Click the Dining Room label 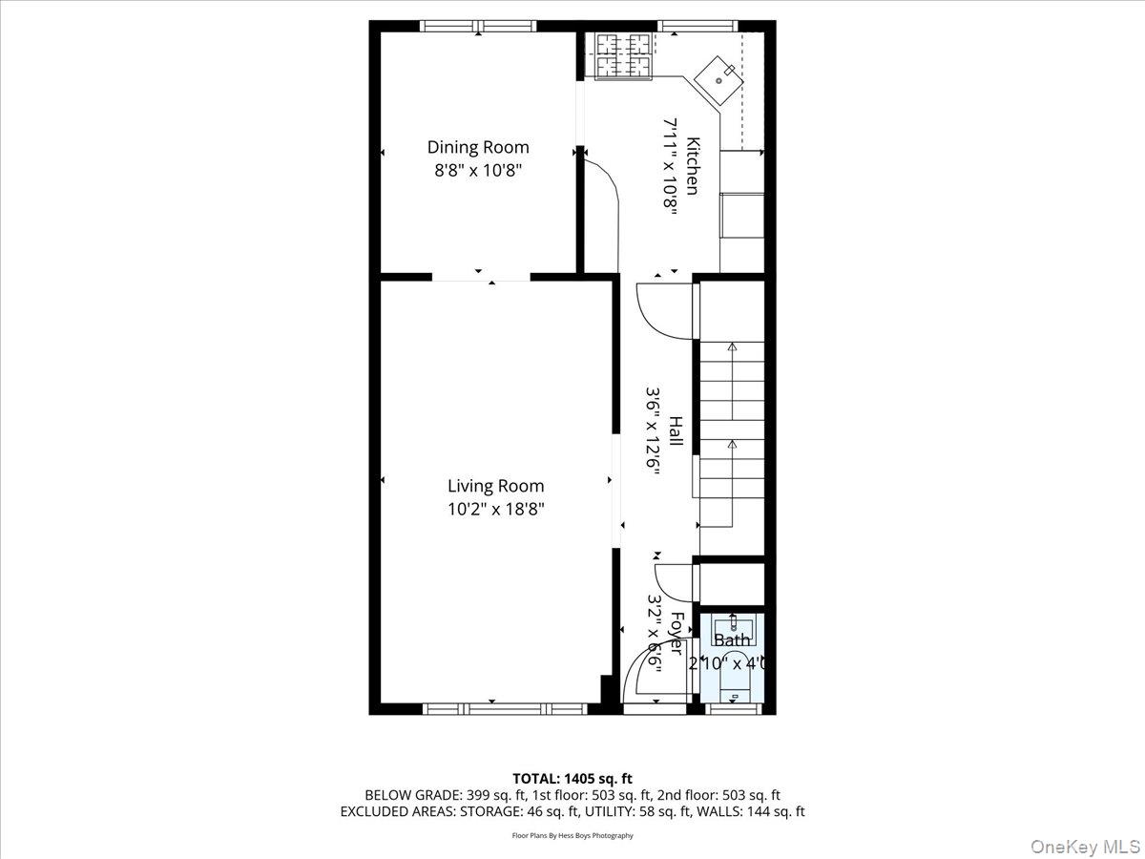click(477, 147)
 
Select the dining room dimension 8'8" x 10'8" click(477, 171)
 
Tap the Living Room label click(495, 486)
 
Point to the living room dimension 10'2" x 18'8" click(495, 510)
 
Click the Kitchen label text click(694, 167)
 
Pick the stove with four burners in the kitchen click(624, 54)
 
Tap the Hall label click(675, 431)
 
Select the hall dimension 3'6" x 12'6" click(654, 431)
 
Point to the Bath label click(732, 640)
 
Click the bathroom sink click(733, 626)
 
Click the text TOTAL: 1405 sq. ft click(572, 778)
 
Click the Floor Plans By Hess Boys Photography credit click(572, 835)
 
